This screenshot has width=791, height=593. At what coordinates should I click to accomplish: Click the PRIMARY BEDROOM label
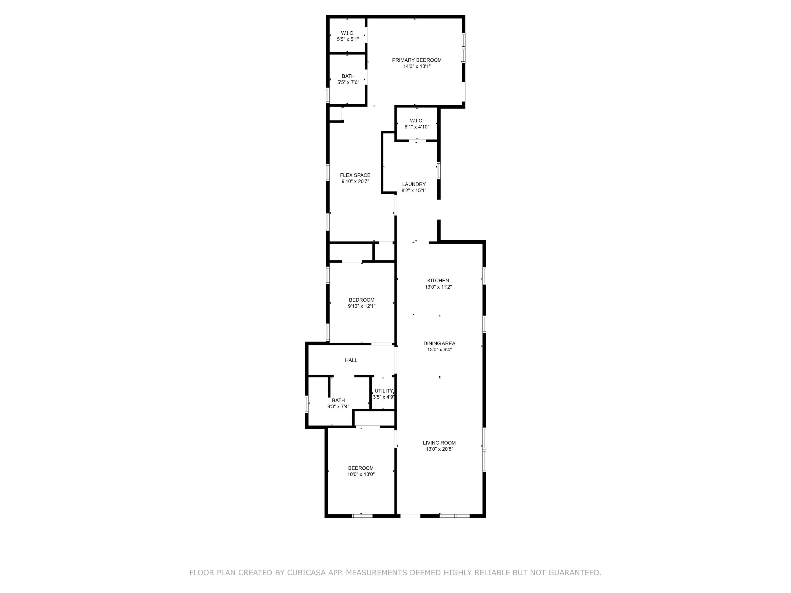point(417,60)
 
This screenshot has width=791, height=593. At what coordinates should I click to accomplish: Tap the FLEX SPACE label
point(355,175)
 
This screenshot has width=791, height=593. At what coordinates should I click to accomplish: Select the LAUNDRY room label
point(414,184)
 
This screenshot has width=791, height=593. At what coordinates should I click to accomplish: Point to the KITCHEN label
point(438,281)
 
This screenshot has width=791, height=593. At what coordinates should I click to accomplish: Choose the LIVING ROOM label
point(439,443)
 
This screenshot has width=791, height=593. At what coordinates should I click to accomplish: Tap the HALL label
point(351,360)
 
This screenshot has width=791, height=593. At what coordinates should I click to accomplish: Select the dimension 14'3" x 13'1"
point(417,66)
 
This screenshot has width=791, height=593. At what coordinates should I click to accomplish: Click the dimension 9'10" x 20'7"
point(355,182)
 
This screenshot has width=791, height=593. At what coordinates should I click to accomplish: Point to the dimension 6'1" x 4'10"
point(417,127)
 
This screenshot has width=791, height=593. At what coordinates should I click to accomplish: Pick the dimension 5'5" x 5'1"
point(348,39)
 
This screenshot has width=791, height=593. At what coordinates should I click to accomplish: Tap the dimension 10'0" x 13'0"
point(361,474)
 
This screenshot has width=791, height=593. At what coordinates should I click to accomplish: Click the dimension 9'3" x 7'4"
point(338,406)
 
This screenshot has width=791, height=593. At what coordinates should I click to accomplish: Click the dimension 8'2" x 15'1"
point(414,191)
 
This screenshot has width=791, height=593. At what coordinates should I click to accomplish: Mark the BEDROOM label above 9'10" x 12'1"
point(361,300)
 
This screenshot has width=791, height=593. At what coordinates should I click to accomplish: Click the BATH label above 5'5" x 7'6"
point(348,76)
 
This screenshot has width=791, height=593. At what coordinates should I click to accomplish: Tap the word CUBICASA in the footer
point(306,573)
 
